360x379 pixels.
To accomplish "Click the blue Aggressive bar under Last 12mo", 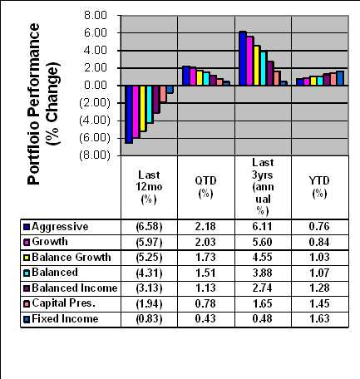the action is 129,114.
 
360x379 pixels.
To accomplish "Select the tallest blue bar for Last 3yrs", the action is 243,58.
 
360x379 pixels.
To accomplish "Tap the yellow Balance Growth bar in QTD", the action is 200,77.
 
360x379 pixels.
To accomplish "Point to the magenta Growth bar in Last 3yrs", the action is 249,61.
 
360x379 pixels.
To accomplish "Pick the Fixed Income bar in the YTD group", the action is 340,78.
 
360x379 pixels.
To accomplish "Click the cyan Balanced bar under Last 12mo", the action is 150,104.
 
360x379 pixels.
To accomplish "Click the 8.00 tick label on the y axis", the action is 96,15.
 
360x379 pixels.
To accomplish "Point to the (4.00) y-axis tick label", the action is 95,121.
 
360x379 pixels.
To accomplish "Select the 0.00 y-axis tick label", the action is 96,86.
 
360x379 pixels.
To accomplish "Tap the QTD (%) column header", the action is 205,187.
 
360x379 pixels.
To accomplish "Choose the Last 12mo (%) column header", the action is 149,187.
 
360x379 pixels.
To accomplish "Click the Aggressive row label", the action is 60,227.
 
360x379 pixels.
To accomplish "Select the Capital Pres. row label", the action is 64,303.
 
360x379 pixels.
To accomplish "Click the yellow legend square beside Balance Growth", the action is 27,258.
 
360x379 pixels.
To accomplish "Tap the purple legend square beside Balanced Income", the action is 27,288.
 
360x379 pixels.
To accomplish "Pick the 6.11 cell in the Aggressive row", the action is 262,227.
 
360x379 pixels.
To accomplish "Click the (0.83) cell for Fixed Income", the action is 149,318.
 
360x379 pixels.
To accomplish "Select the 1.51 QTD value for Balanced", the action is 205,273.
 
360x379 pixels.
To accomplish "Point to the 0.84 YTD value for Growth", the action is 319,242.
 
